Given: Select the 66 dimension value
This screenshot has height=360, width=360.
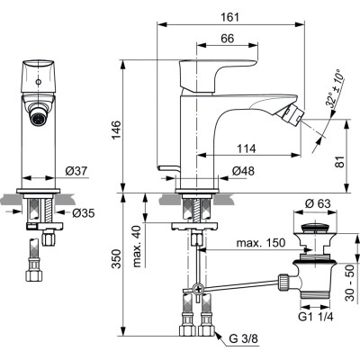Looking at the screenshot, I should (x=227, y=38).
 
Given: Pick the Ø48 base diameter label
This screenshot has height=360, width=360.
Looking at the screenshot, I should (x=240, y=170).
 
